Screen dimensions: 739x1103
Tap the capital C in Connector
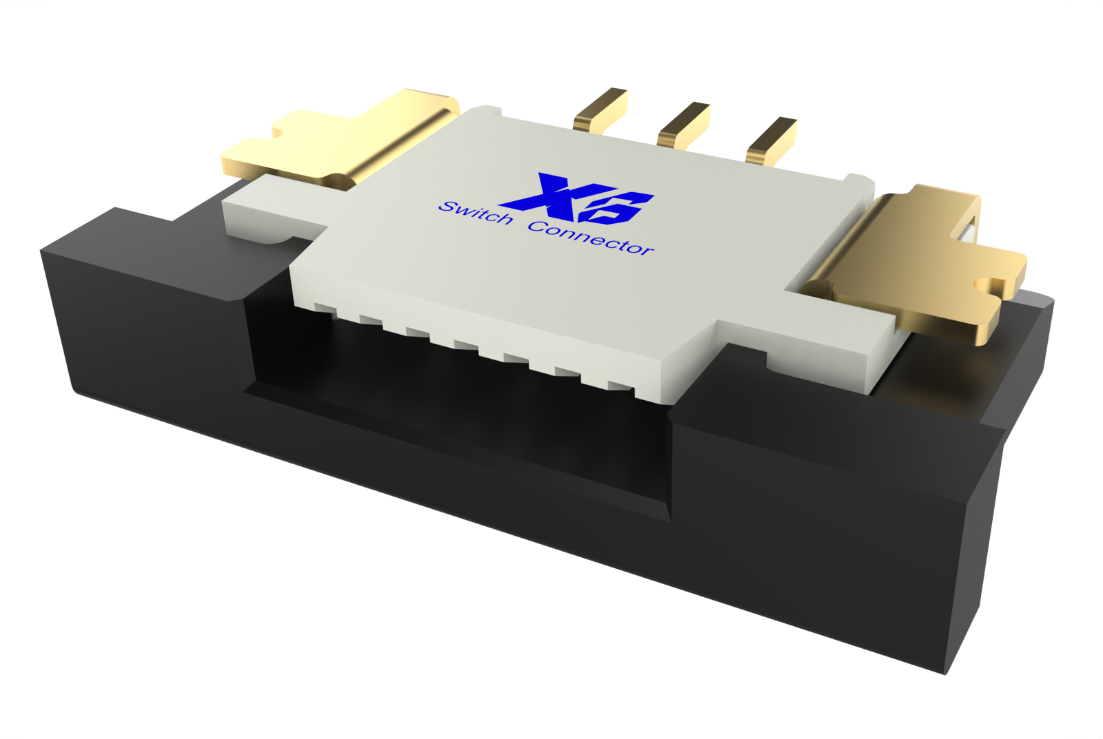coord(538,226)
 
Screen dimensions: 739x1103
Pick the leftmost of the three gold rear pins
coord(600,110)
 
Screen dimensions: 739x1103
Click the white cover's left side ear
coord(262,214)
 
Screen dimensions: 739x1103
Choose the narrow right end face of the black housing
coord(979,537)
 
